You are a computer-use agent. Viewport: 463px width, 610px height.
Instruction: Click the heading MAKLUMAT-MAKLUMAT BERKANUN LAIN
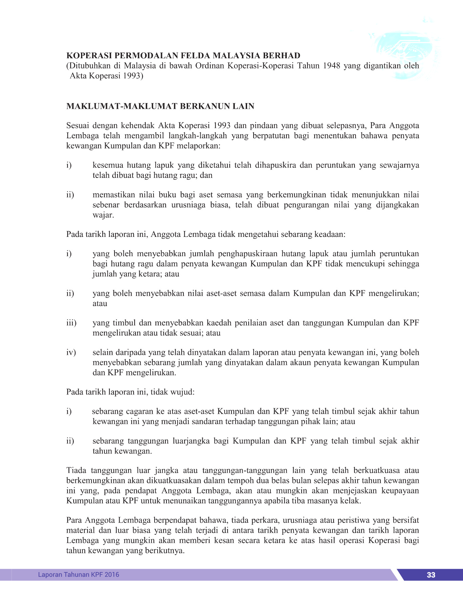pos(160,106)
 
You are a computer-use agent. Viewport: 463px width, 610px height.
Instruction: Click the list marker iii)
pos(71,323)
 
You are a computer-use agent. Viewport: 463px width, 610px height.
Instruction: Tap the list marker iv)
pos(71,352)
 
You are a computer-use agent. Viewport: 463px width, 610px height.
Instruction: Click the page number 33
pos(431,575)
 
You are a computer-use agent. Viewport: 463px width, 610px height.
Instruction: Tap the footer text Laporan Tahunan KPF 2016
pos(78,575)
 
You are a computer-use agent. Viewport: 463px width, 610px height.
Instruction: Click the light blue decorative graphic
pos(407,54)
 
